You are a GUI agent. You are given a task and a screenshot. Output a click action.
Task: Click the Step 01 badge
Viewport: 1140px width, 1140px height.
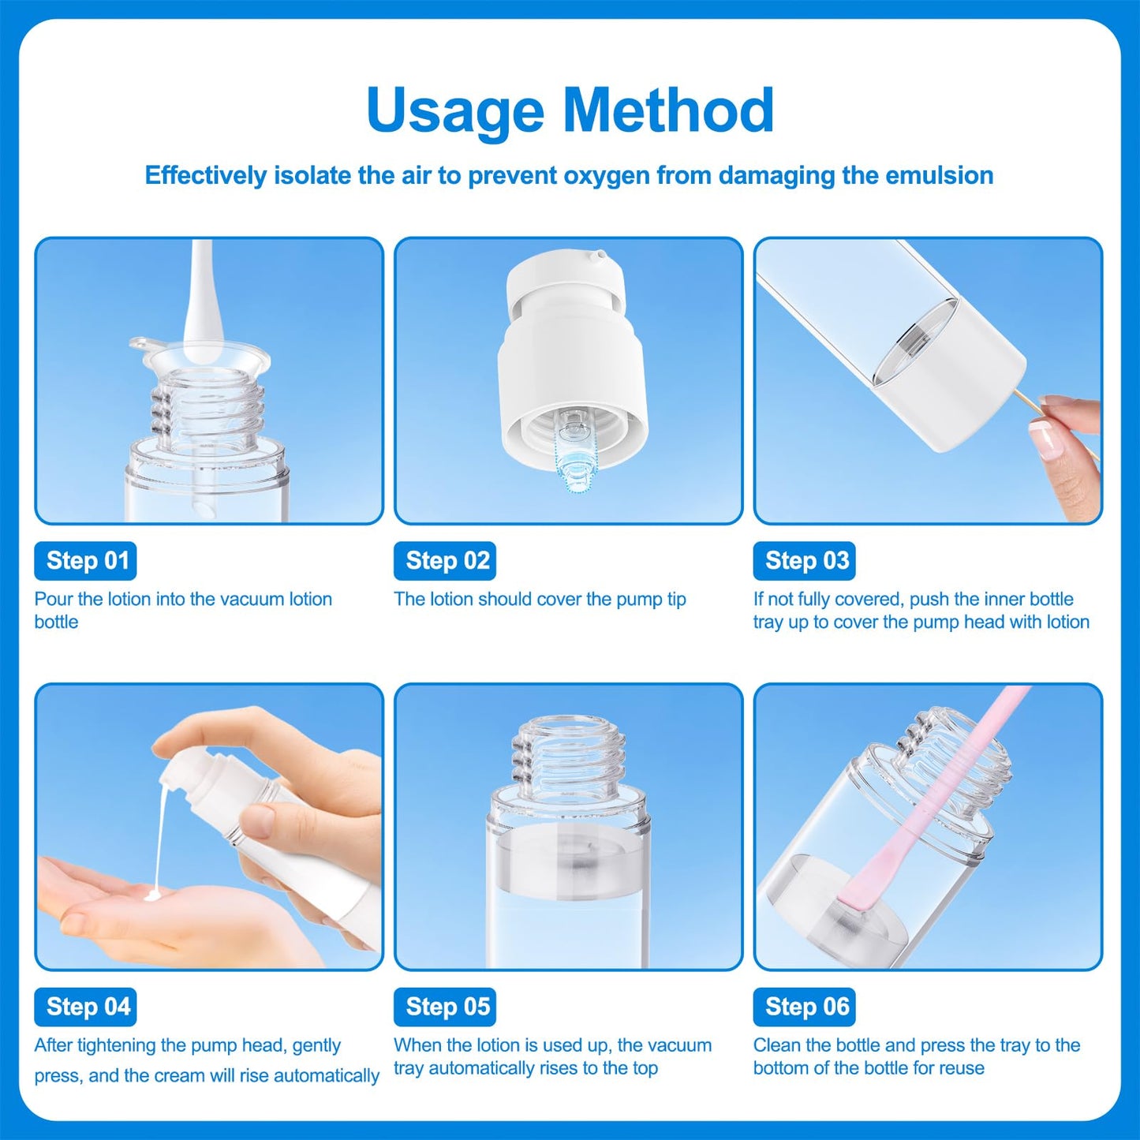(85, 560)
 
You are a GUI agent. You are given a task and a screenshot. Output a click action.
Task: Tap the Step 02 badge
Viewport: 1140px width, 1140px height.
(445, 560)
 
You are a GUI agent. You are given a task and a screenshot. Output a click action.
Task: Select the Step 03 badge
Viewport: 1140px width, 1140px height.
(804, 560)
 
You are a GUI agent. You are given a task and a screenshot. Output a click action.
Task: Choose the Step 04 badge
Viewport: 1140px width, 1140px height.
(85, 1007)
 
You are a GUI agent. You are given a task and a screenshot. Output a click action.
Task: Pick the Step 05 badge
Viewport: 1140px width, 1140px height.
(445, 1007)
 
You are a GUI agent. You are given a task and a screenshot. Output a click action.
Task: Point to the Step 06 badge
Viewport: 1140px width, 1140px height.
(804, 1007)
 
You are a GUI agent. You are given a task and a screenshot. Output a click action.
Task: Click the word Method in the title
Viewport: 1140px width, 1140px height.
(668, 110)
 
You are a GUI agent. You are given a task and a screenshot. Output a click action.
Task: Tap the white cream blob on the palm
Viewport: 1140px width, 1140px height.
(153, 895)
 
